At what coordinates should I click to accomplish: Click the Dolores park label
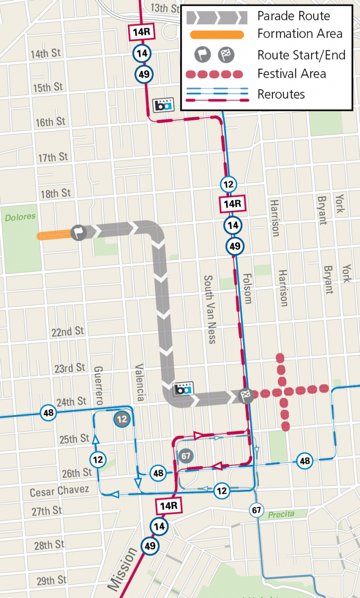pos(20,217)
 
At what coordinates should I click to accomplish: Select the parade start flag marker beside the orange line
pos(79,232)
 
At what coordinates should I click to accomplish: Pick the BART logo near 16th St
pos(163,105)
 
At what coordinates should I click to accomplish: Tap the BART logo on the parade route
pos(182,390)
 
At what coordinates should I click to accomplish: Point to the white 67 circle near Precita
pos(256,510)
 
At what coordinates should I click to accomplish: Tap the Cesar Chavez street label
pos(59,491)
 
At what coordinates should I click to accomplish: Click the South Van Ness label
pos(210,309)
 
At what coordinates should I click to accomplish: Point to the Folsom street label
pos(247,288)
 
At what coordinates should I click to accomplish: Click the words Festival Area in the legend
pos(291,74)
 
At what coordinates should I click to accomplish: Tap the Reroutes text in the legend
pos(281,94)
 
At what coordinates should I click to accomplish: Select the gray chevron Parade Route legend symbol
pos(217,17)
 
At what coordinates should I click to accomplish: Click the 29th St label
pos(51,581)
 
